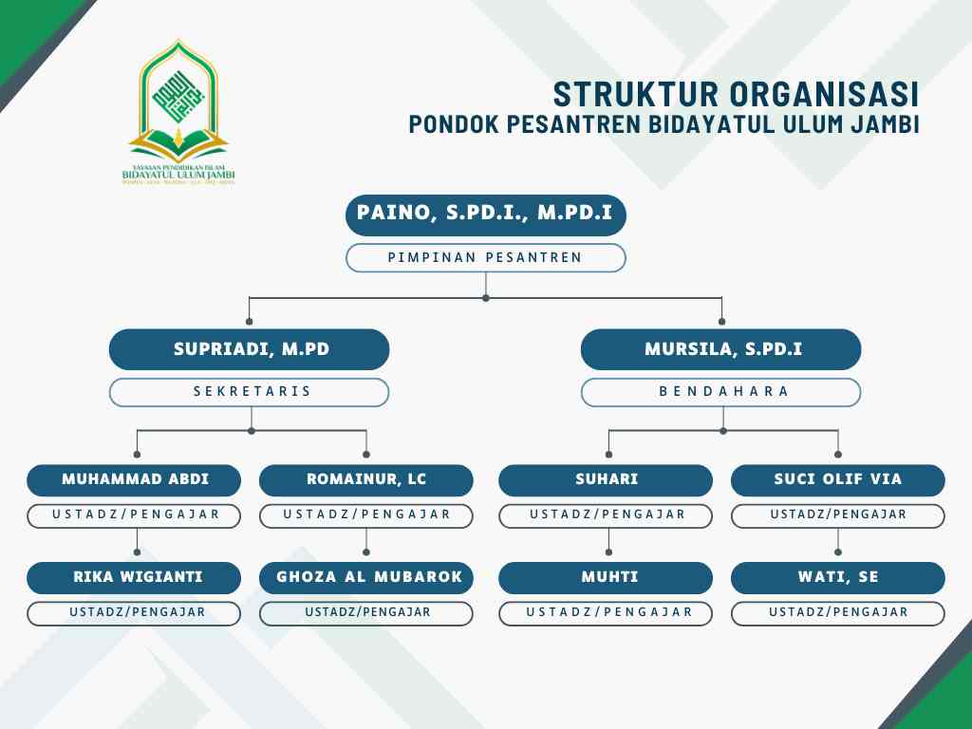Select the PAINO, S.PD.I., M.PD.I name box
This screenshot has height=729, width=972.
[x=485, y=215]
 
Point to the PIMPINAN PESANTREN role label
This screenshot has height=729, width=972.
[x=485, y=257]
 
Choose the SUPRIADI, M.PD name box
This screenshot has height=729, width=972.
[x=250, y=349]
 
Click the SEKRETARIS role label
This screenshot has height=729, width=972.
[x=250, y=392]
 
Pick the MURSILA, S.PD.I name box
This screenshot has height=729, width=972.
[x=721, y=349]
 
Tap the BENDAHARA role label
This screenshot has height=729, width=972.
[x=721, y=392]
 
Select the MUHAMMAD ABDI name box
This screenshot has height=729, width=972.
[x=134, y=479]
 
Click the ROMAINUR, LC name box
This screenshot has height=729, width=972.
[x=366, y=479]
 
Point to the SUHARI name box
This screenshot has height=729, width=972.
[x=606, y=479]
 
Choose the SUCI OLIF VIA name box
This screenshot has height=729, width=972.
[x=838, y=479]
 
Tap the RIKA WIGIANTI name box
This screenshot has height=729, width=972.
[x=134, y=577]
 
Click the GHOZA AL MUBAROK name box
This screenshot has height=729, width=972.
[x=366, y=577]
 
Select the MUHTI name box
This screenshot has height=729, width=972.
[x=606, y=577]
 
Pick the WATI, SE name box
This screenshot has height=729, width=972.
[x=838, y=577]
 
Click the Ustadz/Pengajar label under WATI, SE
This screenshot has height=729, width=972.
[x=838, y=613]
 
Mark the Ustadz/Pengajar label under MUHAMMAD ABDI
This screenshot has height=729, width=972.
[x=134, y=515]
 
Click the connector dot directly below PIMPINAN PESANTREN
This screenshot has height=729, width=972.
[x=486, y=298]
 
